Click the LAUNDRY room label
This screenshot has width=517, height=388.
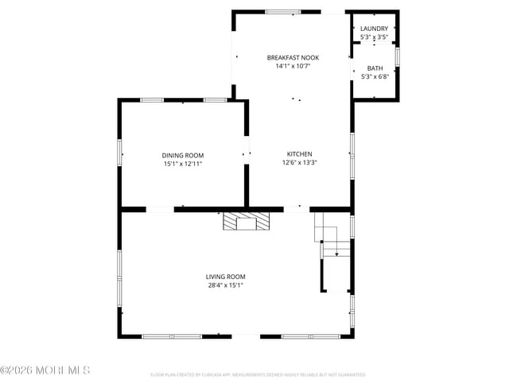[374, 29]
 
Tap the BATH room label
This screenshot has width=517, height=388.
[374, 68]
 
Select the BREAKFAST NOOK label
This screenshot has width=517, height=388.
[288, 58]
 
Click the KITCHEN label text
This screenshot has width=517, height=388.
[299, 154]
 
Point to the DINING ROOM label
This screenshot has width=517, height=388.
[183, 155]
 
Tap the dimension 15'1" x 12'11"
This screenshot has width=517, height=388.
[183, 164]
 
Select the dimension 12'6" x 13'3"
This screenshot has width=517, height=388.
[299, 163]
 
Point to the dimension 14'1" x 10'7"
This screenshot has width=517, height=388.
[288, 67]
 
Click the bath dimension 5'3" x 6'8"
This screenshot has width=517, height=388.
[374, 77]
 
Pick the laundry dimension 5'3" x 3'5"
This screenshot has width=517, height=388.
[374, 37]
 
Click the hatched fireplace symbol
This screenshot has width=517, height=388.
[246, 220]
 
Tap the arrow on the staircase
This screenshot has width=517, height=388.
[337, 253]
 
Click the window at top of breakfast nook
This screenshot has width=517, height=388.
[282, 11]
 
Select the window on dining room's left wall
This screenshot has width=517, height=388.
[120, 152]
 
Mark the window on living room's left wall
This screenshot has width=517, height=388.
[120, 275]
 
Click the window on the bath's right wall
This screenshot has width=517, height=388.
[398, 60]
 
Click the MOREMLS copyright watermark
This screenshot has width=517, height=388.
[45, 371]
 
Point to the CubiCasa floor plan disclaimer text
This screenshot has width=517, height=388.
[258, 374]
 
